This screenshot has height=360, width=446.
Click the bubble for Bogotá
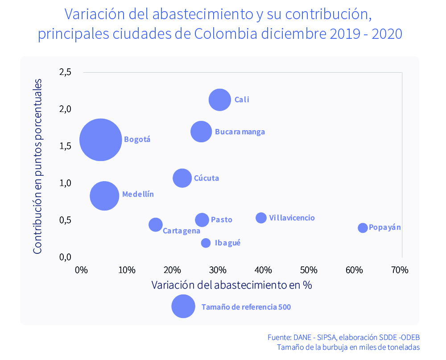coord(101,140)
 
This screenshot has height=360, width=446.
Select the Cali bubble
coord(219,99)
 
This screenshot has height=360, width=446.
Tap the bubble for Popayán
coord(363,228)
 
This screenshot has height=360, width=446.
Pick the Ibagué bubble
coord(206,243)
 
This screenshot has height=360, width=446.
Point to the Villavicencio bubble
coord(261,218)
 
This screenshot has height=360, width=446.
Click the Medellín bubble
coord(104,195)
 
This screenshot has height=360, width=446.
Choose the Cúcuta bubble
coord(182,178)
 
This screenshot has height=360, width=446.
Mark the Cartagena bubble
coord(155,225)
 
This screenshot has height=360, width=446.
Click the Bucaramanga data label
coord(240,132)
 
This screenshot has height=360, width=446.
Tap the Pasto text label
coord(221,219)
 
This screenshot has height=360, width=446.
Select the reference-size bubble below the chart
coord(183,306)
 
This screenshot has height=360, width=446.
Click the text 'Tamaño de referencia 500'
coord(246,307)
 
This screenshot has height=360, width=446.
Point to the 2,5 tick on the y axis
coord(65,72)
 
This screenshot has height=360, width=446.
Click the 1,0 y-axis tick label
coord(65,183)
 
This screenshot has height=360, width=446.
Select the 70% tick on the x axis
coord(400,270)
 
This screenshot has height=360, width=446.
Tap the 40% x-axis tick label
coord(263,270)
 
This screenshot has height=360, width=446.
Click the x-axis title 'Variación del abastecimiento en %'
coord(231,285)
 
